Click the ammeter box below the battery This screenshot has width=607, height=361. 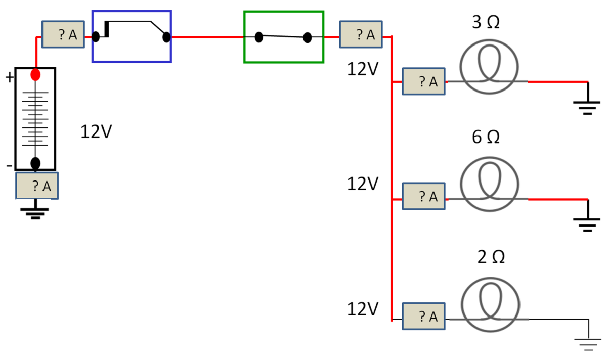coord(37,186)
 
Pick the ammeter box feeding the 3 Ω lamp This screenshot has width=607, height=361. coord(423,81)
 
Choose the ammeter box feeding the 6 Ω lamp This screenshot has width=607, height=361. coord(423,196)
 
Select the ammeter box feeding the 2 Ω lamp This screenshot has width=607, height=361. coord(423,317)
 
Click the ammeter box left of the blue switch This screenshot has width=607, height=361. coord(62,35)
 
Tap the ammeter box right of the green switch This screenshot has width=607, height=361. coord(361,34)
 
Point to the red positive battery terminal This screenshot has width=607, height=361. coord(35,75)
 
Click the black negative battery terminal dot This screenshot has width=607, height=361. coord(35,163)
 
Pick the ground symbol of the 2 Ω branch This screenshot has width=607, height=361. coord(587,344)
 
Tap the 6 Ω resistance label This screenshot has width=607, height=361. coord(486,137)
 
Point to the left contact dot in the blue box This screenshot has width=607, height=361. coord(95,36)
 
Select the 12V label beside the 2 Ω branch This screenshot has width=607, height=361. coord(362,308)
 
